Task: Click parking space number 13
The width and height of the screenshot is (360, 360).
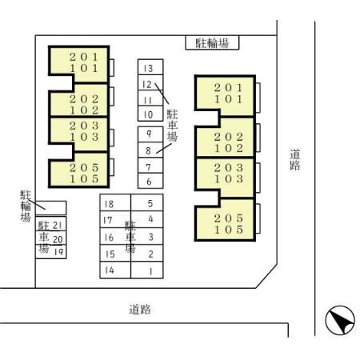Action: coord(150,67)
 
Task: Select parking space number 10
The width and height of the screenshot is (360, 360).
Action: coord(150,114)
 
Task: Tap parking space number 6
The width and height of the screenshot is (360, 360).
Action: coord(150,181)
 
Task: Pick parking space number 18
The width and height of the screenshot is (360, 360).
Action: coord(115,202)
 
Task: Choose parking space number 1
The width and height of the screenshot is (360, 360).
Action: coord(147,202)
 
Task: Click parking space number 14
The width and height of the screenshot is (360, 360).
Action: coord(115,270)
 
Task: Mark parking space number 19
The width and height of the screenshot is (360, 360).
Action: coord(51,252)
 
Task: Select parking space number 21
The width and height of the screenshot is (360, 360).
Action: coord(51,223)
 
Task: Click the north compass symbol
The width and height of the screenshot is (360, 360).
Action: coord(340,320)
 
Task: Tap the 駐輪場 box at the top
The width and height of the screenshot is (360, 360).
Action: coord(212,42)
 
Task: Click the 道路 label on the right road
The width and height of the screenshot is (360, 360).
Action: coord(295,160)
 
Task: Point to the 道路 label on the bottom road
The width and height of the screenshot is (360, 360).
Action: coord(140,310)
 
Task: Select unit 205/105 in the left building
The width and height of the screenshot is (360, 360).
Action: coord(79,170)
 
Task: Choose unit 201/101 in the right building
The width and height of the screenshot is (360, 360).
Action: coord(226,97)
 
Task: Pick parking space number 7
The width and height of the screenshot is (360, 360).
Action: coord(150,166)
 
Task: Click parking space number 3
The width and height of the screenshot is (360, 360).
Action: coord(147,236)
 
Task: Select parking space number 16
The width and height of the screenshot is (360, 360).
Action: coord(115,236)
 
